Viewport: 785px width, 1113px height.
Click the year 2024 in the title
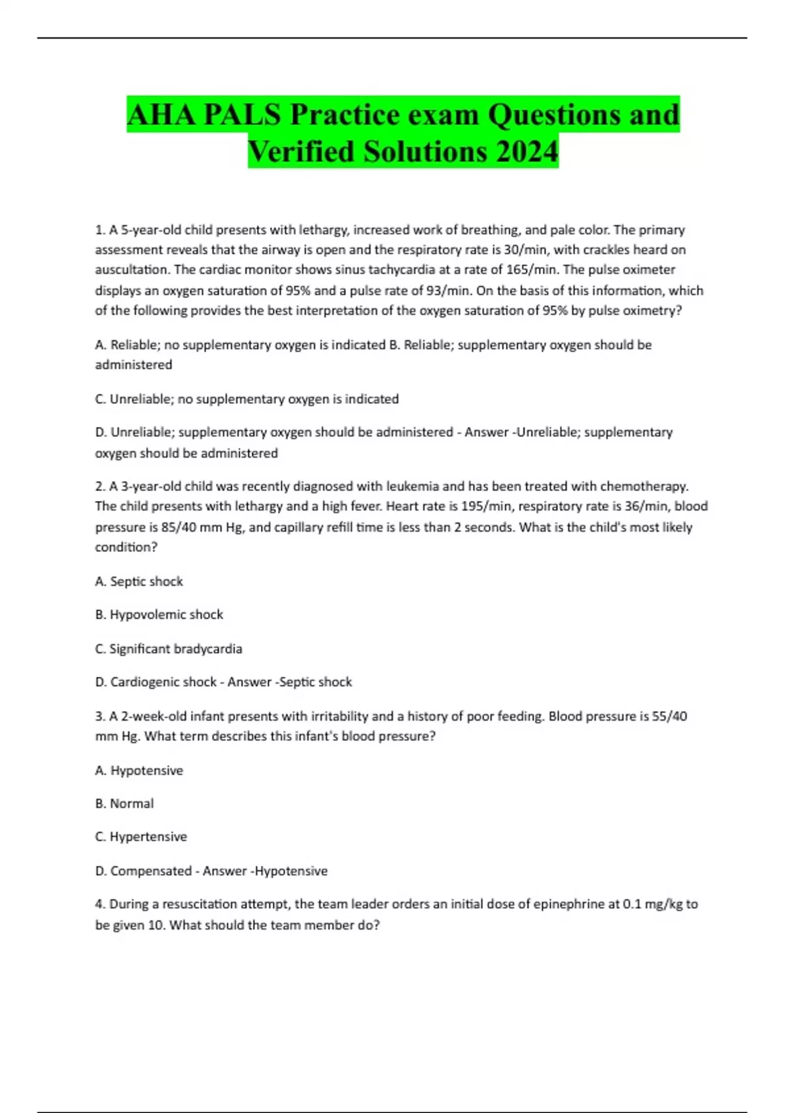tap(527, 151)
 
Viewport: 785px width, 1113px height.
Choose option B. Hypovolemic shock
tap(159, 614)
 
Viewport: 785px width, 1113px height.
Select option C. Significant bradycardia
tap(169, 648)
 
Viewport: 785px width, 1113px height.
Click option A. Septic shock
tap(139, 581)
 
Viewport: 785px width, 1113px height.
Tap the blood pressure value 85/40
tap(179, 527)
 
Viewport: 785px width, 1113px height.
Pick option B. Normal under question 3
tap(124, 803)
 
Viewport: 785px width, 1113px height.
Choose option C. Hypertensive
tap(141, 836)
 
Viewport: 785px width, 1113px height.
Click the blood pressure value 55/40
tap(670, 716)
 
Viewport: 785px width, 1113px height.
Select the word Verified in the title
tap(302, 151)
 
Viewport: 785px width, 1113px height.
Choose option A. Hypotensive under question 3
tap(139, 770)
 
